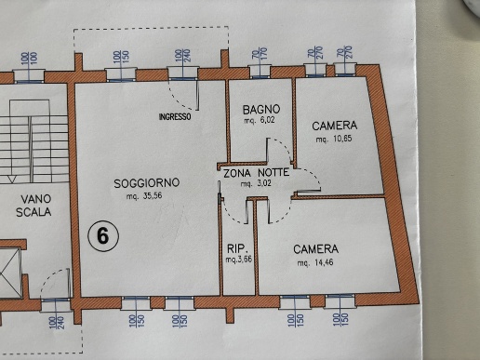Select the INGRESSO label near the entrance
click(174, 116)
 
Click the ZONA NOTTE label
click(256, 173)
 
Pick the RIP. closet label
click(234, 248)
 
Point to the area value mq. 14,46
click(315, 263)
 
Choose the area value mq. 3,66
click(236, 260)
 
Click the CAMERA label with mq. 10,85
click(335, 126)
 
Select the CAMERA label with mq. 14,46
click(315, 250)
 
